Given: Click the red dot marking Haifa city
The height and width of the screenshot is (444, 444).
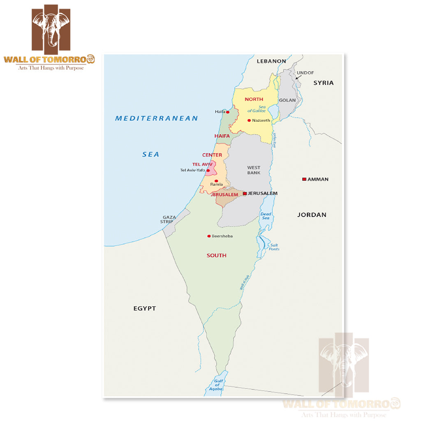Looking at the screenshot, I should (228, 112).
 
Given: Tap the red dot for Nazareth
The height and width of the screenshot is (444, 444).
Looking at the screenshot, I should (249, 120).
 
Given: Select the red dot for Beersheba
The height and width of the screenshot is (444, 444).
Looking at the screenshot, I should (209, 236).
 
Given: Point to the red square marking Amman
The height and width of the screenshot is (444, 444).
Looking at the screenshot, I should (304, 179).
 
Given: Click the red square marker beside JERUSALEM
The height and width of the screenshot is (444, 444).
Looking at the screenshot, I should (245, 193).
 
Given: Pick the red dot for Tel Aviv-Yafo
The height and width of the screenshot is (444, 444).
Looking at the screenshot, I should (208, 171).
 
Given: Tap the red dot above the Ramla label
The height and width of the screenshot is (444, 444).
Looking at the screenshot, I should (216, 181).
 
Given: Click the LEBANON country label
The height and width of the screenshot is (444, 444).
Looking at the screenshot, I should (271, 61).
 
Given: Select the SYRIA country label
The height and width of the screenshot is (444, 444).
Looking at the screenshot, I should (324, 83).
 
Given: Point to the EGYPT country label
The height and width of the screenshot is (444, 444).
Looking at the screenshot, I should (145, 308).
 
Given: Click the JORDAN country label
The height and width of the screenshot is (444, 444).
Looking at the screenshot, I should (312, 215).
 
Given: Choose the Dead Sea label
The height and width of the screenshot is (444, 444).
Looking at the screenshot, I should (265, 216).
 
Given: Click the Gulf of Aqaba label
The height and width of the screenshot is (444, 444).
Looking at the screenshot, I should (218, 384).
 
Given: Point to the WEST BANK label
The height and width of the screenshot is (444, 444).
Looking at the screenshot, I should (254, 170).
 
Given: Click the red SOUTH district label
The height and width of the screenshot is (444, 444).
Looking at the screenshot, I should (216, 255).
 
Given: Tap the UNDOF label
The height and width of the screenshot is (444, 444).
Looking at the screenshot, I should (305, 73).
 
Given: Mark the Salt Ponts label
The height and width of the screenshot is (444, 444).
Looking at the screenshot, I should (274, 247).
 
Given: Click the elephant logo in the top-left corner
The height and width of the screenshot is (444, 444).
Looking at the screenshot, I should (51, 28).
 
